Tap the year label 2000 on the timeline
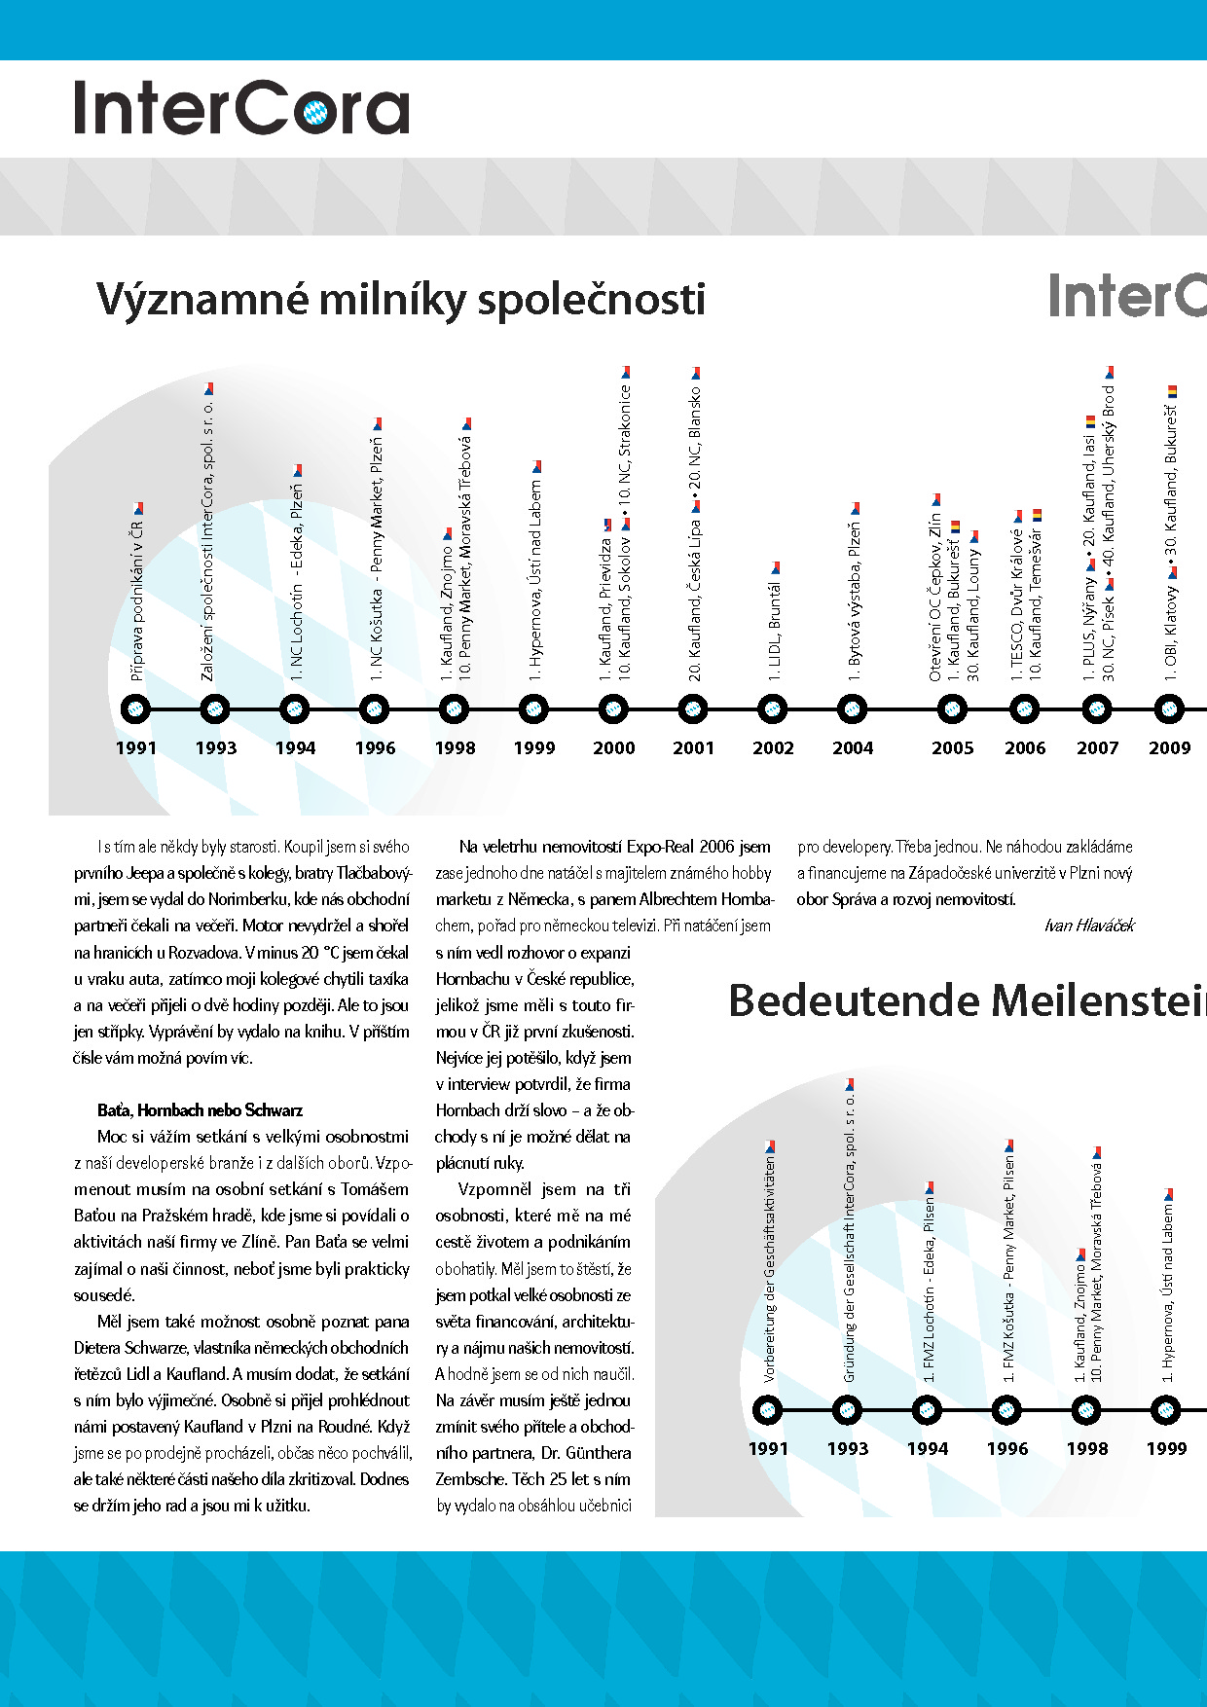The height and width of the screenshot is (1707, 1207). point(613,747)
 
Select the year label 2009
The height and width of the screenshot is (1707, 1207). point(1169,747)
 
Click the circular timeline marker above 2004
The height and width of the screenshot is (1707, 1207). point(852,709)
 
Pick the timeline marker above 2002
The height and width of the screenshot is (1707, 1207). point(772,709)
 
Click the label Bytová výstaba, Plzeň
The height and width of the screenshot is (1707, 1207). point(854,599)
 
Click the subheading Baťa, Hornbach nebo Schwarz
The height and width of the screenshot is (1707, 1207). point(200,1110)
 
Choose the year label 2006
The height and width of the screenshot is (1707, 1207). point(1025,747)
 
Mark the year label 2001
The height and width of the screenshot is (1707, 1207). point(693,747)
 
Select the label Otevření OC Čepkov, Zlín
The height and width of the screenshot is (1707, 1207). point(935,599)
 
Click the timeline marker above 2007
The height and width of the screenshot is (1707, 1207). point(1097,709)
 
